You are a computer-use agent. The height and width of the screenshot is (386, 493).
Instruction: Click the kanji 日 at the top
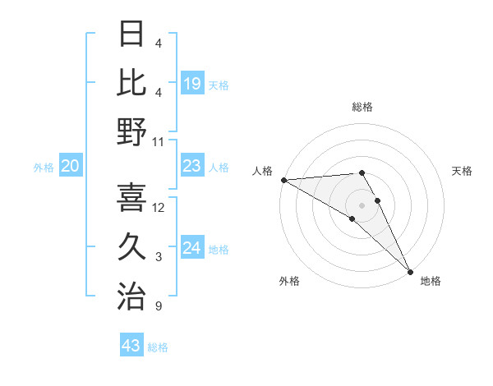coord(131,35)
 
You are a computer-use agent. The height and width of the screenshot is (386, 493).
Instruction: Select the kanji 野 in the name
coord(131,132)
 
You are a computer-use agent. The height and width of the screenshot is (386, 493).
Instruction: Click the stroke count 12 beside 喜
coord(159,207)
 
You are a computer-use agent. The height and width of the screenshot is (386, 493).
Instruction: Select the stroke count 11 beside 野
coord(159,141)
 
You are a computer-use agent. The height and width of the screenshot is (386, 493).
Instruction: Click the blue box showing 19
coord(191,84)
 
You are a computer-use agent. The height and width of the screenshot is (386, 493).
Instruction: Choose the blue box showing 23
coord(191,166)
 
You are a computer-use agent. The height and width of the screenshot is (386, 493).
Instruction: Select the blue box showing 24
coord(191,248)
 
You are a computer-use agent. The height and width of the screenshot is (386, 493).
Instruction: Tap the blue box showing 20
coord(70,166)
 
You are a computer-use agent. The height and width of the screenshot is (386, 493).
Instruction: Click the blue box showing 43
coord(131,346)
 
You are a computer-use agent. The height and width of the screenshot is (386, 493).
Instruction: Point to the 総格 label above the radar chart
coord(362,107)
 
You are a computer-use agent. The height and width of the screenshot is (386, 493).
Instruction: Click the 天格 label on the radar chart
coord(462,171)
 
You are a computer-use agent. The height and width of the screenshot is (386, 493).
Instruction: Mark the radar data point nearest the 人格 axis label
coord(283,180)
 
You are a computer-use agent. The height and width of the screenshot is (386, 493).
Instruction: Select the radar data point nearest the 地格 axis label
coord(409,270)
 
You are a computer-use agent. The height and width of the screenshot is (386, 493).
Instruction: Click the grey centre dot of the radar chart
coord(362,204)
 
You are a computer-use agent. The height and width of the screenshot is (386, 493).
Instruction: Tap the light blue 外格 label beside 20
coord(44,167)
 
